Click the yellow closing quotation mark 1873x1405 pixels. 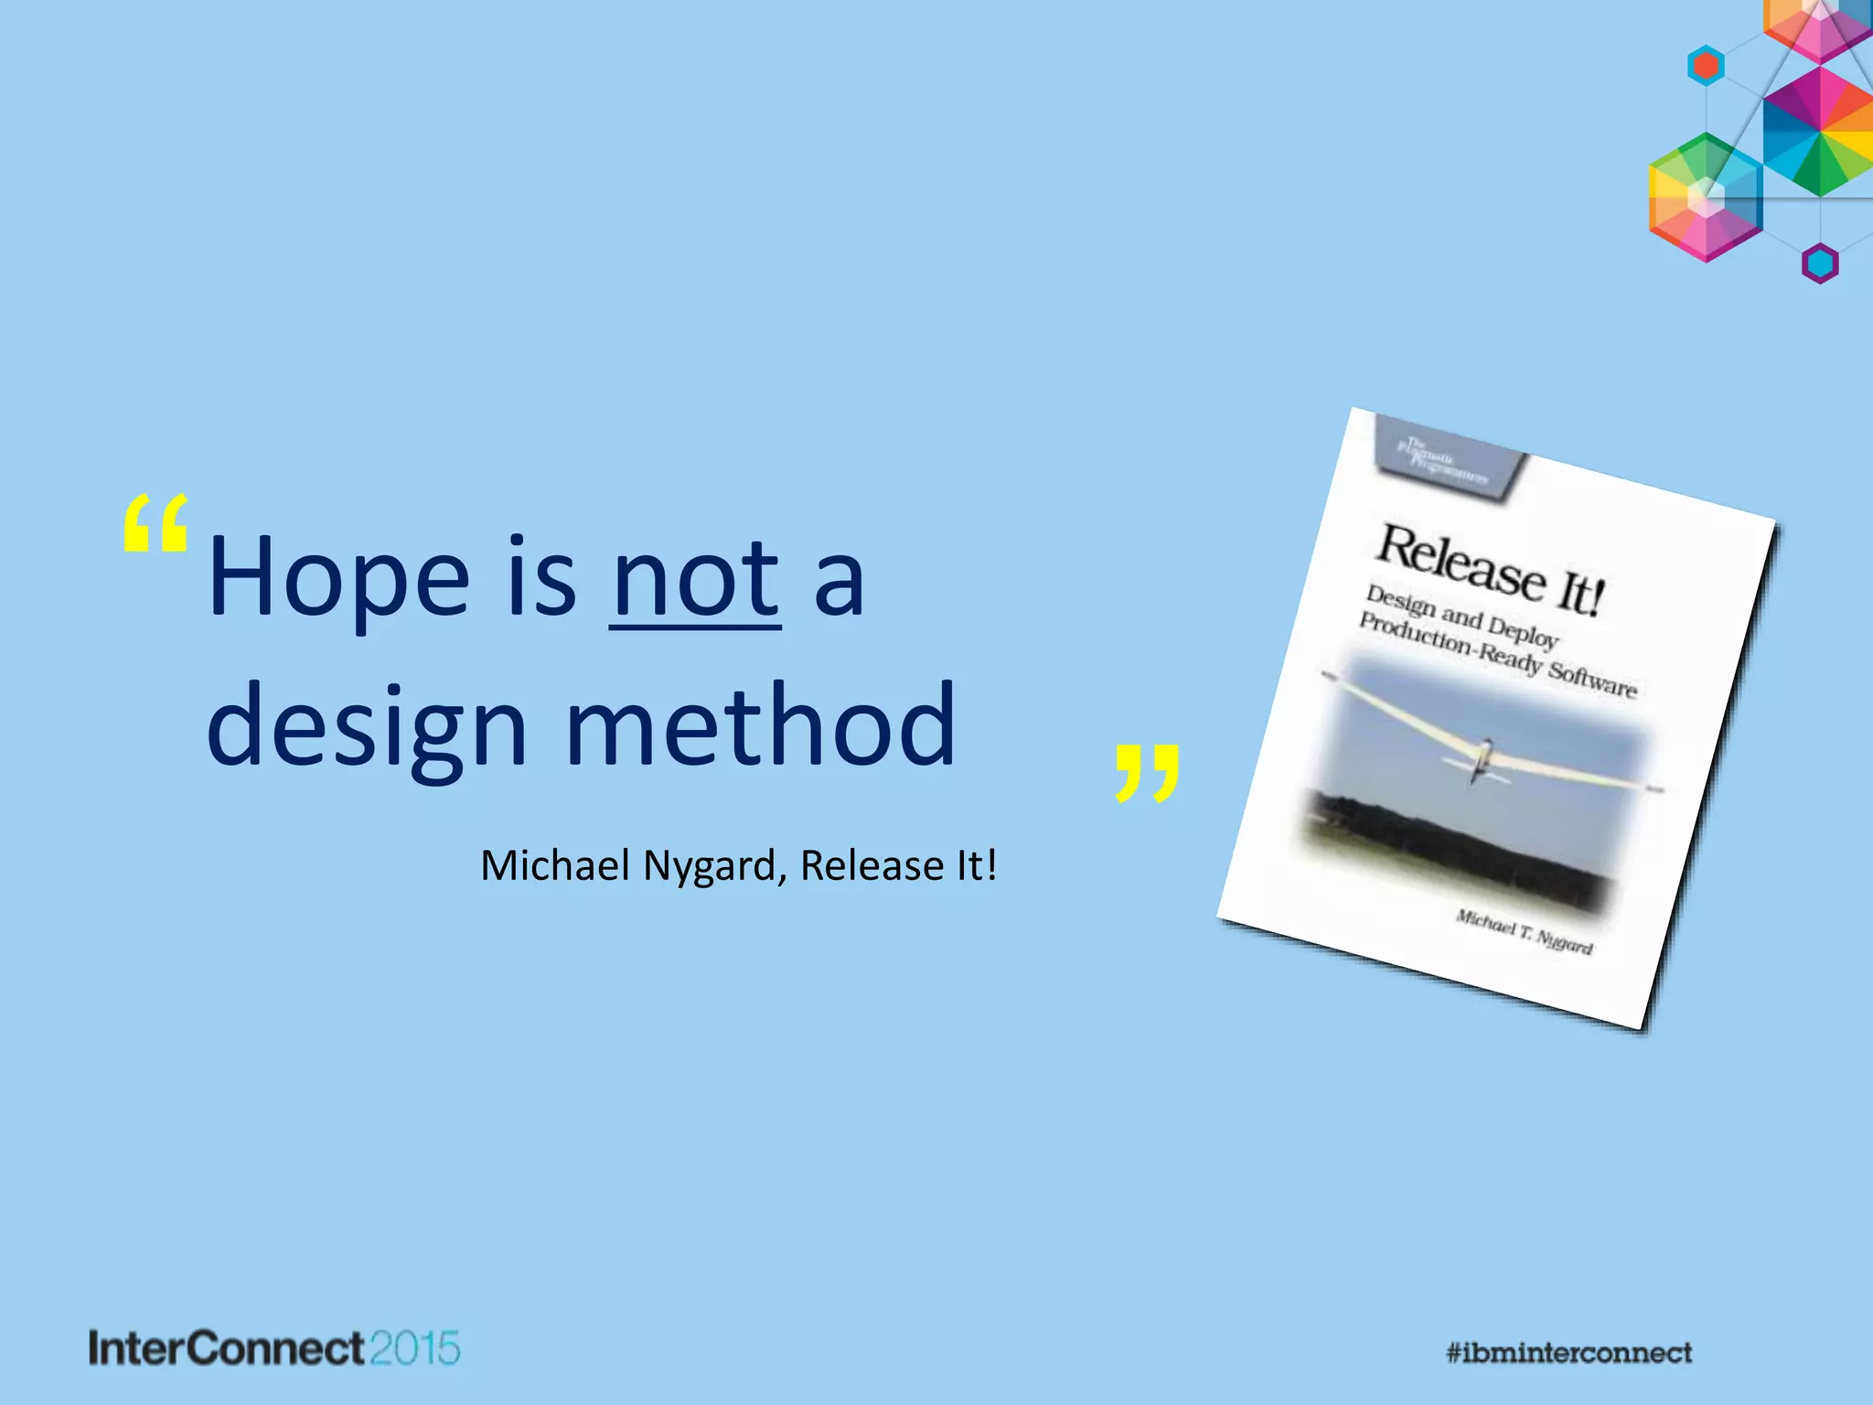(1147, 773)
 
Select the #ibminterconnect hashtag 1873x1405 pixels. (1568, 1352)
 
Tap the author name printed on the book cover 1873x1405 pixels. (1524, 931)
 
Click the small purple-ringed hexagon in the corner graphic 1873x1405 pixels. (1819, 263)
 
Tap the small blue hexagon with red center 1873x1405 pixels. (1706, 66)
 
